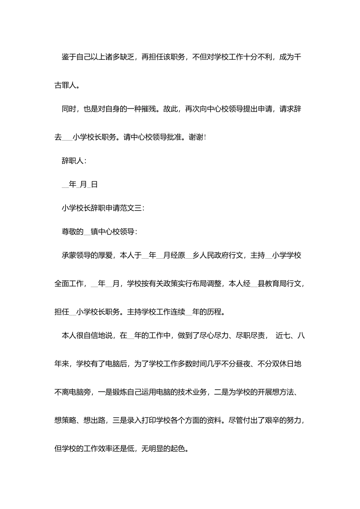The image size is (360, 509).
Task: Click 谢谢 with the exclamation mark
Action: point(196,137)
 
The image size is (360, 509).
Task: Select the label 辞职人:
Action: point(74,161)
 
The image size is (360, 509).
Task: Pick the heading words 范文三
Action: point(130,208)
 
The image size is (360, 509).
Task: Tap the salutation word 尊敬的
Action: point(72,231)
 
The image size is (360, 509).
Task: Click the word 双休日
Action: point(283,364)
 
